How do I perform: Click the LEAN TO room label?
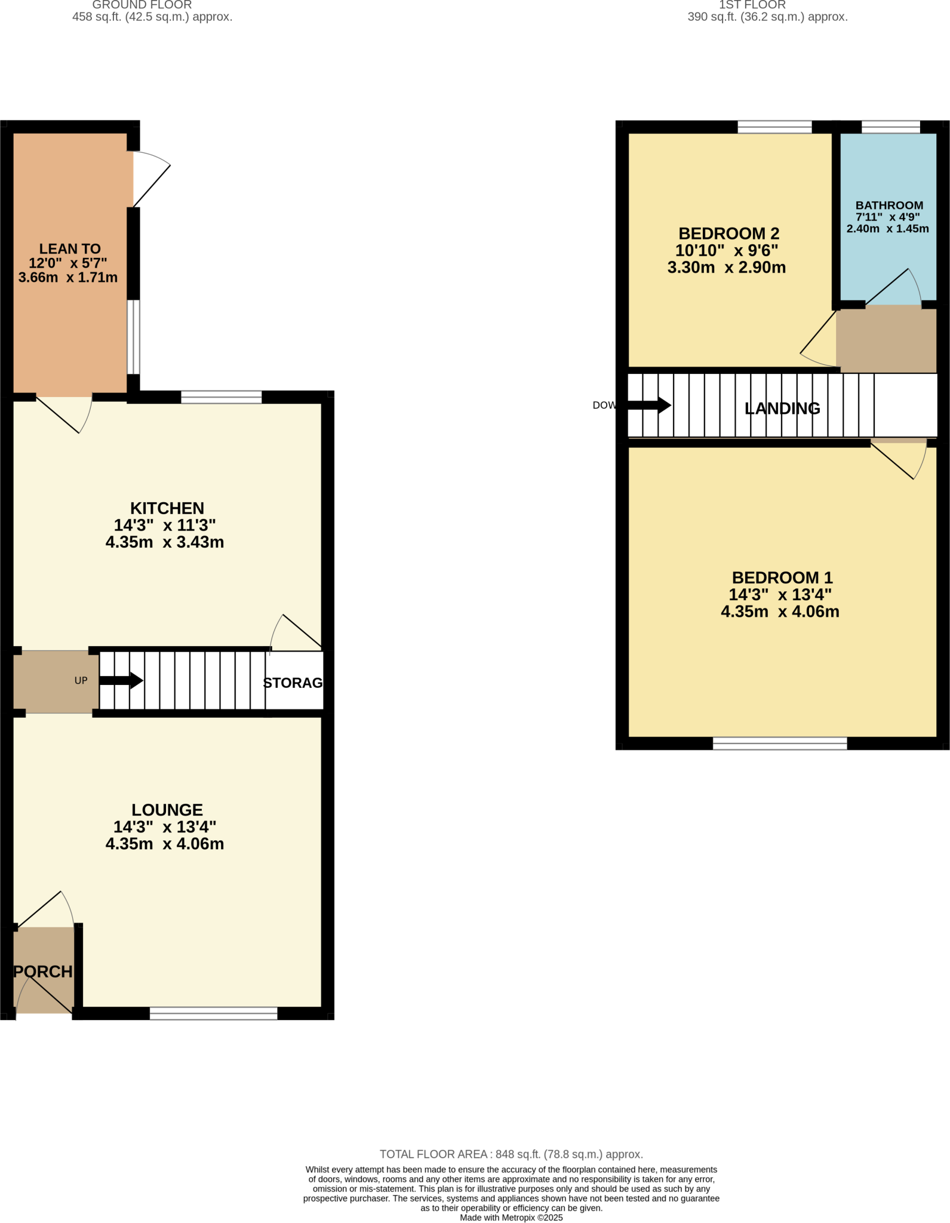click(70, 249)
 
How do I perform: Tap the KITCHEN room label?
click(167, 508)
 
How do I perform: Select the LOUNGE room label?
click(167, 810)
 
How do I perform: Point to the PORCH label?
click(43, 972)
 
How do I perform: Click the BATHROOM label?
click(889, 205)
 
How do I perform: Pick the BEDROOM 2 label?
click(728, 233)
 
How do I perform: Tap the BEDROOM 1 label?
click(782, 577)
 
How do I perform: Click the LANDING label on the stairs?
click(782, 408)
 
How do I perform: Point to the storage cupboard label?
click(293, 683)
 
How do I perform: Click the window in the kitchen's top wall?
click(221, 397)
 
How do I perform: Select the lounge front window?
click(213, 1013)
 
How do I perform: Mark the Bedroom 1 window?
click(780, 743)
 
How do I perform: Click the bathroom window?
click(890, 127)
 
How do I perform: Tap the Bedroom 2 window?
click(774, 127)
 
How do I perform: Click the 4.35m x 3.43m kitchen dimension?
click(165, 542)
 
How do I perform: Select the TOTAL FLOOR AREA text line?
click(511, 1154)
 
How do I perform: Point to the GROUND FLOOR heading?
click(142, 5)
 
